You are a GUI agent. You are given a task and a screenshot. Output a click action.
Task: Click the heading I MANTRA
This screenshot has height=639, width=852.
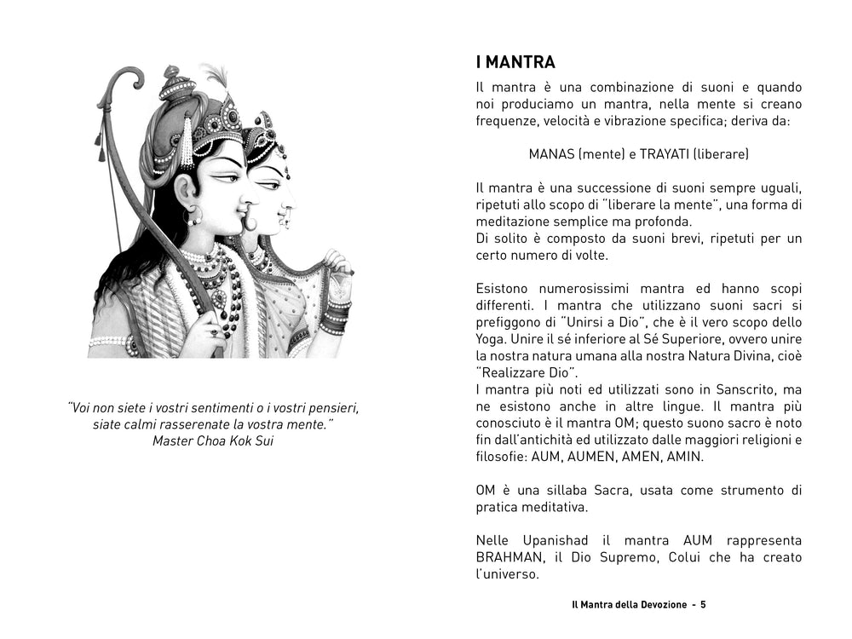coord(515,62)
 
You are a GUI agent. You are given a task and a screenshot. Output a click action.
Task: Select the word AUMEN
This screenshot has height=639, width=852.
coord(591,457)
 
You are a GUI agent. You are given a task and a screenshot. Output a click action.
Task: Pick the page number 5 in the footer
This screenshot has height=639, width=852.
coord(704,604)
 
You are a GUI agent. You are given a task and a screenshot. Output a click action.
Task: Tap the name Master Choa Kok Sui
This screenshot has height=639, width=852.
coord(213,440)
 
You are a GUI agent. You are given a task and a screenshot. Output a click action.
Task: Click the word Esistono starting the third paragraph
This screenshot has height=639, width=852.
coord(504,289)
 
